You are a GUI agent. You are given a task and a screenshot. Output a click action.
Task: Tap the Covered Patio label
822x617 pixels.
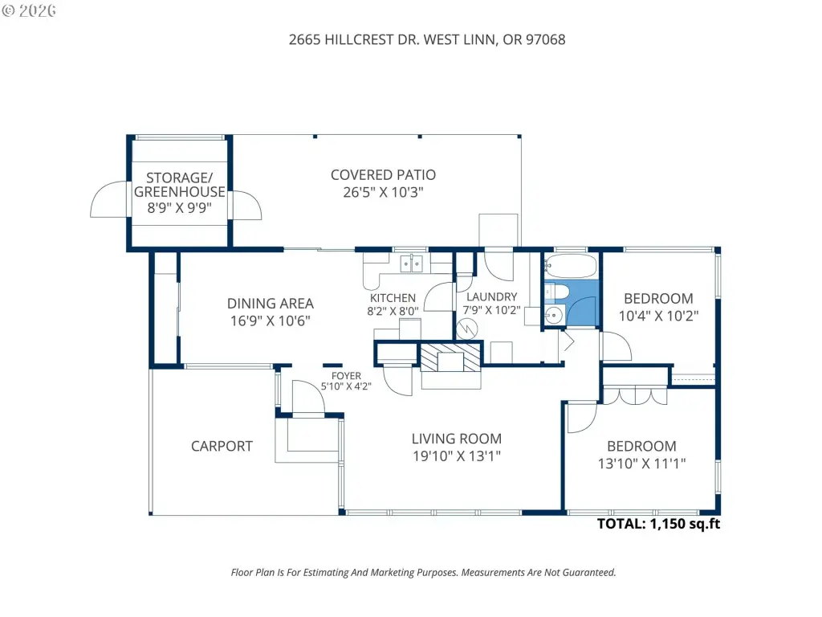383,175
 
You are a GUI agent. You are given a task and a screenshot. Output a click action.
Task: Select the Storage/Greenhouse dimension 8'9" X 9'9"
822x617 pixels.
179,208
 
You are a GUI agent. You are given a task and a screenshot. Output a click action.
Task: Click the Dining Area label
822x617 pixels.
271,303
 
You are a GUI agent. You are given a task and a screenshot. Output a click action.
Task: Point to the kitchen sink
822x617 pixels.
412,264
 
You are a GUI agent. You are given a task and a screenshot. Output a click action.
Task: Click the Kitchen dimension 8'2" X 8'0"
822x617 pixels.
393,311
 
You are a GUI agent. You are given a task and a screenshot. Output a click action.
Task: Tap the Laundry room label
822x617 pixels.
492,297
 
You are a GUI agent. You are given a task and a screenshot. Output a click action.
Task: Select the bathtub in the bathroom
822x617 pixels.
571,267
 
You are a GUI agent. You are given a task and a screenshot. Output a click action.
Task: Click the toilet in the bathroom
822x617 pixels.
555,292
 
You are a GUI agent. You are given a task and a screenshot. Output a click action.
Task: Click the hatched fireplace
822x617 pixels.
451,358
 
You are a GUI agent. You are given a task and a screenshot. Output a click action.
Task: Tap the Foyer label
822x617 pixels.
346,376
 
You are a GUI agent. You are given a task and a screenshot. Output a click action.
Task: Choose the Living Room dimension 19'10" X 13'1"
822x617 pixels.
457,456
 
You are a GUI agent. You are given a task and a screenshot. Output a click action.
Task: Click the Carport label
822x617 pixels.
222,447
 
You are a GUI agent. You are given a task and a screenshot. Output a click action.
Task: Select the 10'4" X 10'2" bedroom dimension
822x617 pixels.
658,316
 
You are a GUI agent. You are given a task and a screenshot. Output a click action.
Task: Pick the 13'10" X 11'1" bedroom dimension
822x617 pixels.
641,464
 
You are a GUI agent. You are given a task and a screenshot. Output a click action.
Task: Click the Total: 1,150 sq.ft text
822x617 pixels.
658,524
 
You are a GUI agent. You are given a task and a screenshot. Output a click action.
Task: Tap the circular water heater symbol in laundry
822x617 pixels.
466,329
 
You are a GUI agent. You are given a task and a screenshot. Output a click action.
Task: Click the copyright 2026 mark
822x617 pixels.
29,10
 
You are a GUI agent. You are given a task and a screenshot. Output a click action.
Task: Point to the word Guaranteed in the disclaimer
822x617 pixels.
589,572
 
